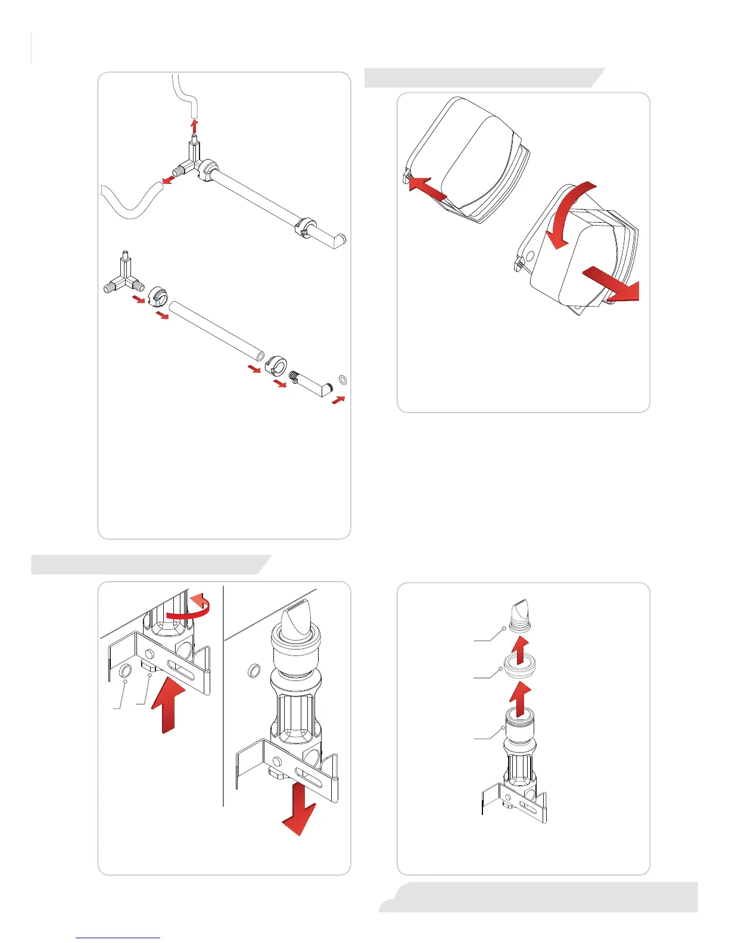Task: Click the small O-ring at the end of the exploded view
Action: (x=342, y=379)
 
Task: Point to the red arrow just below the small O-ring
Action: (x=338, y=399)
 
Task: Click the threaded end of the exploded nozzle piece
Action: (x=293, y=377)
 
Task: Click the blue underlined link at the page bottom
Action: (x=118, y=937)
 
